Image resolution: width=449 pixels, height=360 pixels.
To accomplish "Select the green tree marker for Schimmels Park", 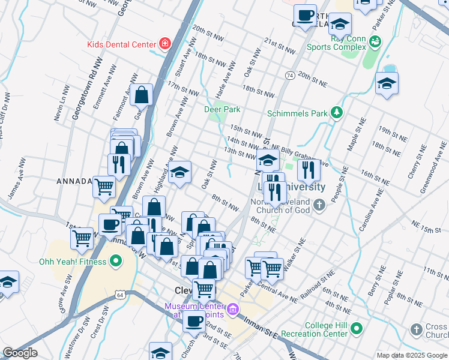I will (338, 113).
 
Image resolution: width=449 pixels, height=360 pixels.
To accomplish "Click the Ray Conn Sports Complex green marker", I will (376, 41).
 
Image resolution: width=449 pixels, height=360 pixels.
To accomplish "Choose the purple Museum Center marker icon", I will (233, 310).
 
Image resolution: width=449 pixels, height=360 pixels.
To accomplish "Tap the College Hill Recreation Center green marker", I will (357, 328).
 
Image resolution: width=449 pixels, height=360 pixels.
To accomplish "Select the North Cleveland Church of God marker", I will (319, 205).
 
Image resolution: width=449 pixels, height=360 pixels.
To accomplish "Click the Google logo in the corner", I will (20, 353).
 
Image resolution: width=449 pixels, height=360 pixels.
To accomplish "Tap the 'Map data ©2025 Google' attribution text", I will (412, 355).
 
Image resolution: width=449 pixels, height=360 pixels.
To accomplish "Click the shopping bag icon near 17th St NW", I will (141, 94).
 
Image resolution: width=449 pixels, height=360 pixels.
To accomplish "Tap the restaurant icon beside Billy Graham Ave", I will (309, 169).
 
